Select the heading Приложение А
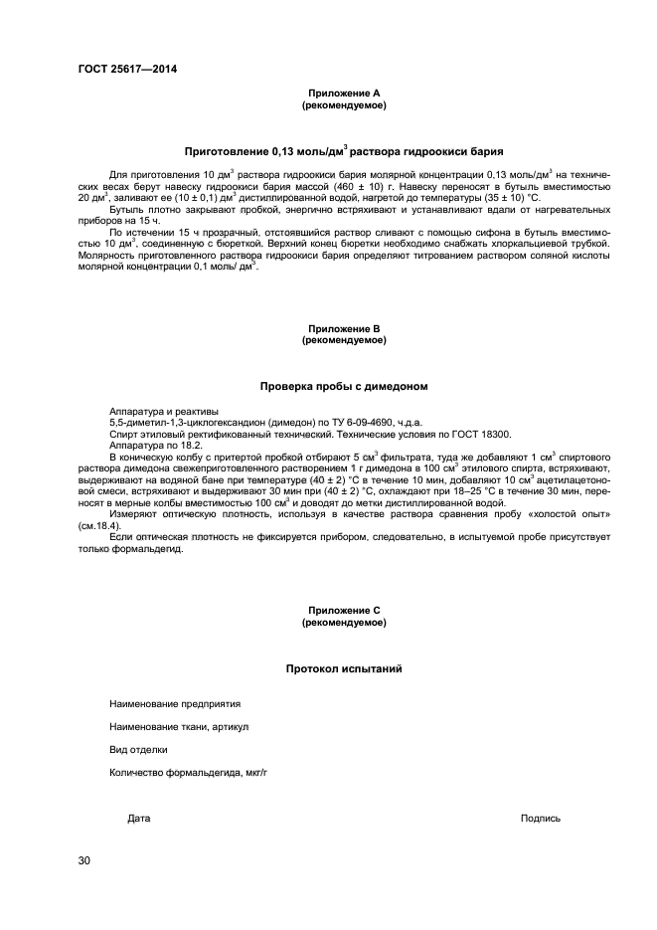coord(343,93)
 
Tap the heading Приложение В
coord(343,328)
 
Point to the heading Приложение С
coord(343,610)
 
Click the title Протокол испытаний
coord(343,669)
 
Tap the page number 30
coord(84,859)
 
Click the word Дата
coord(139,819)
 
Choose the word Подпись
coord(540,819)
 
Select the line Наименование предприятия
coord(175,703)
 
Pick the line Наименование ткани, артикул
coord(179,726)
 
